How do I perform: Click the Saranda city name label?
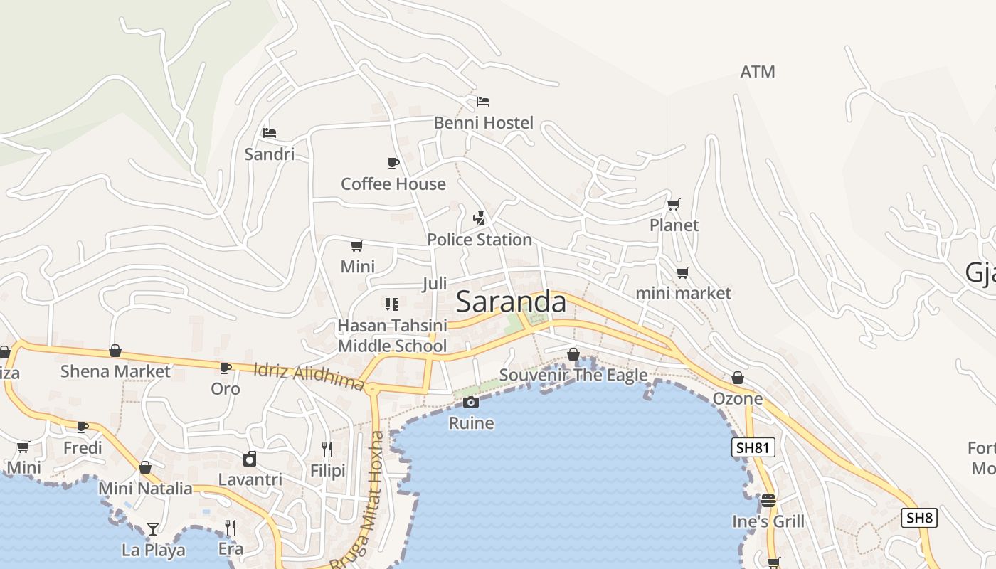(511, 302)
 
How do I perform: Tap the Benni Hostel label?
(483, 123)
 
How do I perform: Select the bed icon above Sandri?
(269, 133)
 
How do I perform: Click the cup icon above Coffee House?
(393, 164)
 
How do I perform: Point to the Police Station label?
(480, 240)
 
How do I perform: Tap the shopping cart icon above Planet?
(674, 205)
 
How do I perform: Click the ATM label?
(757, 72)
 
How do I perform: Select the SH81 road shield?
(753, 447)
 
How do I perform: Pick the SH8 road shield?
(919, 518)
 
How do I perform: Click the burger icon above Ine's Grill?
(768, 501)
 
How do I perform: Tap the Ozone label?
(738, 399)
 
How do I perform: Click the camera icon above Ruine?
(470, 403)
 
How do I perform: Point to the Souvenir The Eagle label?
(573, 375)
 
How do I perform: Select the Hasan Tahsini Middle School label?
(392, 336)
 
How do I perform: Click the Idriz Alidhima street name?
(309, 376)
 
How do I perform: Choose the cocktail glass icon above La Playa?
(153, 528)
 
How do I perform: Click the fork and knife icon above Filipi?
(327, 450)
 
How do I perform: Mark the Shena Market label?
(115, 371)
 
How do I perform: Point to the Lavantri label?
(250, 479)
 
